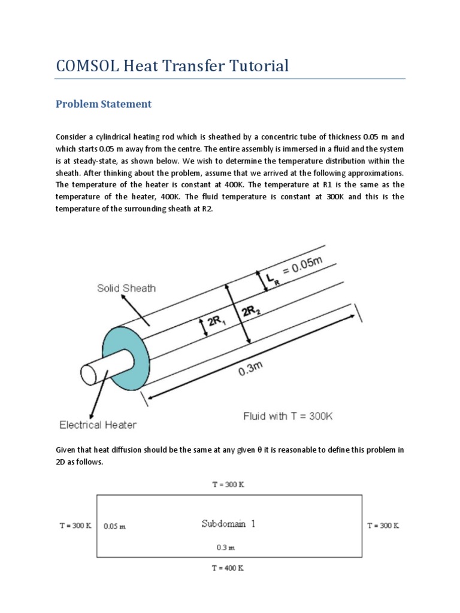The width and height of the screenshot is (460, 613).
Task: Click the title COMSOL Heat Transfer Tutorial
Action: coord(172,66)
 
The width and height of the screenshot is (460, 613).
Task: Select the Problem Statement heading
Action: coord(104,104)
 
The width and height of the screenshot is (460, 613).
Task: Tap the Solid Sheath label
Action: coord(126,289)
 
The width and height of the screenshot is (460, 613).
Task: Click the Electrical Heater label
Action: coord(98,425)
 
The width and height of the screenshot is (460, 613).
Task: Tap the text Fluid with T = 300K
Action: coord(287,415)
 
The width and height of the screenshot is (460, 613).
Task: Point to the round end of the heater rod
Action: coord(89,374)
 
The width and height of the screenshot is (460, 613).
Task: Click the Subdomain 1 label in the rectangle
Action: coord(228,524)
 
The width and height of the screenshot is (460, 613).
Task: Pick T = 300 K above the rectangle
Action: coord(228,485)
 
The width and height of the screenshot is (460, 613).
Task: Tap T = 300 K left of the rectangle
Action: coord(75,526)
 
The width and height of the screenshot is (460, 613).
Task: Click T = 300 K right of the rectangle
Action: coord(383,526)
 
